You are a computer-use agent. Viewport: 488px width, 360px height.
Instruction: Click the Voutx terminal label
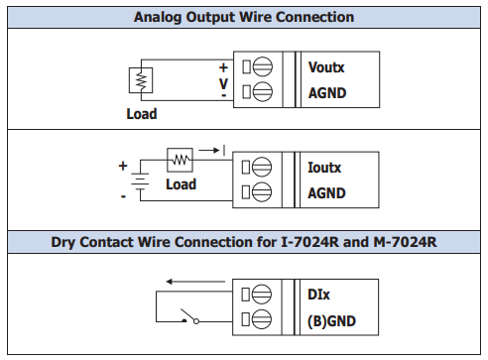click(326, 67)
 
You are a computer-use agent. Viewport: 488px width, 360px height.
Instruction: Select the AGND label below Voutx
click(327, 93)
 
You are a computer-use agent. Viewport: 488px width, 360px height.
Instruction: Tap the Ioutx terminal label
click(324, 168)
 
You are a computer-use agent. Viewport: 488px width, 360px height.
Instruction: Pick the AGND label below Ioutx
click(326, 193)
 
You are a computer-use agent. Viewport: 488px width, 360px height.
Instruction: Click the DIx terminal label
click(318, 295)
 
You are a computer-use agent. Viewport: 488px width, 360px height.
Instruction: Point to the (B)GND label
click(331, 321)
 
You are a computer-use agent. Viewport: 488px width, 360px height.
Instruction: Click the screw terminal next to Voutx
click(263, 66)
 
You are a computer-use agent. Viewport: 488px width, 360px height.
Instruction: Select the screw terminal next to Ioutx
click(262, 167)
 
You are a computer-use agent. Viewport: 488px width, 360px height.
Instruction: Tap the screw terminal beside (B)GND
click(262, 319)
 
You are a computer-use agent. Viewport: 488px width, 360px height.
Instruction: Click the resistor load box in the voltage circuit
click(141, 80)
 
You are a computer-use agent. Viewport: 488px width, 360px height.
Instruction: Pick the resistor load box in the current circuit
click(180, 160)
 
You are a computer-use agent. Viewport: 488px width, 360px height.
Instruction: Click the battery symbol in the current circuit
click(140, 181)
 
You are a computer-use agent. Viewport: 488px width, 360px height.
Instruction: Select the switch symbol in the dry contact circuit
click(189, 316)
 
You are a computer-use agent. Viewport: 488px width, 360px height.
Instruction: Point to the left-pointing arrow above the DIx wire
click(195, 282)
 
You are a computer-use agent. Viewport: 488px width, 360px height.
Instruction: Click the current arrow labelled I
click(209, 151)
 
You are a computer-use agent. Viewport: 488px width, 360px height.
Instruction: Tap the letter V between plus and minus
click(223, 83)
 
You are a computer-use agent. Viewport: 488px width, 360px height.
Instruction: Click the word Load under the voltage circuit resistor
click(142, 114)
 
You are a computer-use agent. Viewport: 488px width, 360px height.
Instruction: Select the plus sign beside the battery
click(123, 166)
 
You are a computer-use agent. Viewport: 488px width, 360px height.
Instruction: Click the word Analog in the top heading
click(158, 18)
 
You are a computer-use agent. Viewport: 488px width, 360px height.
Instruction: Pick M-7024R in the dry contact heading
click(405, 242)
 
